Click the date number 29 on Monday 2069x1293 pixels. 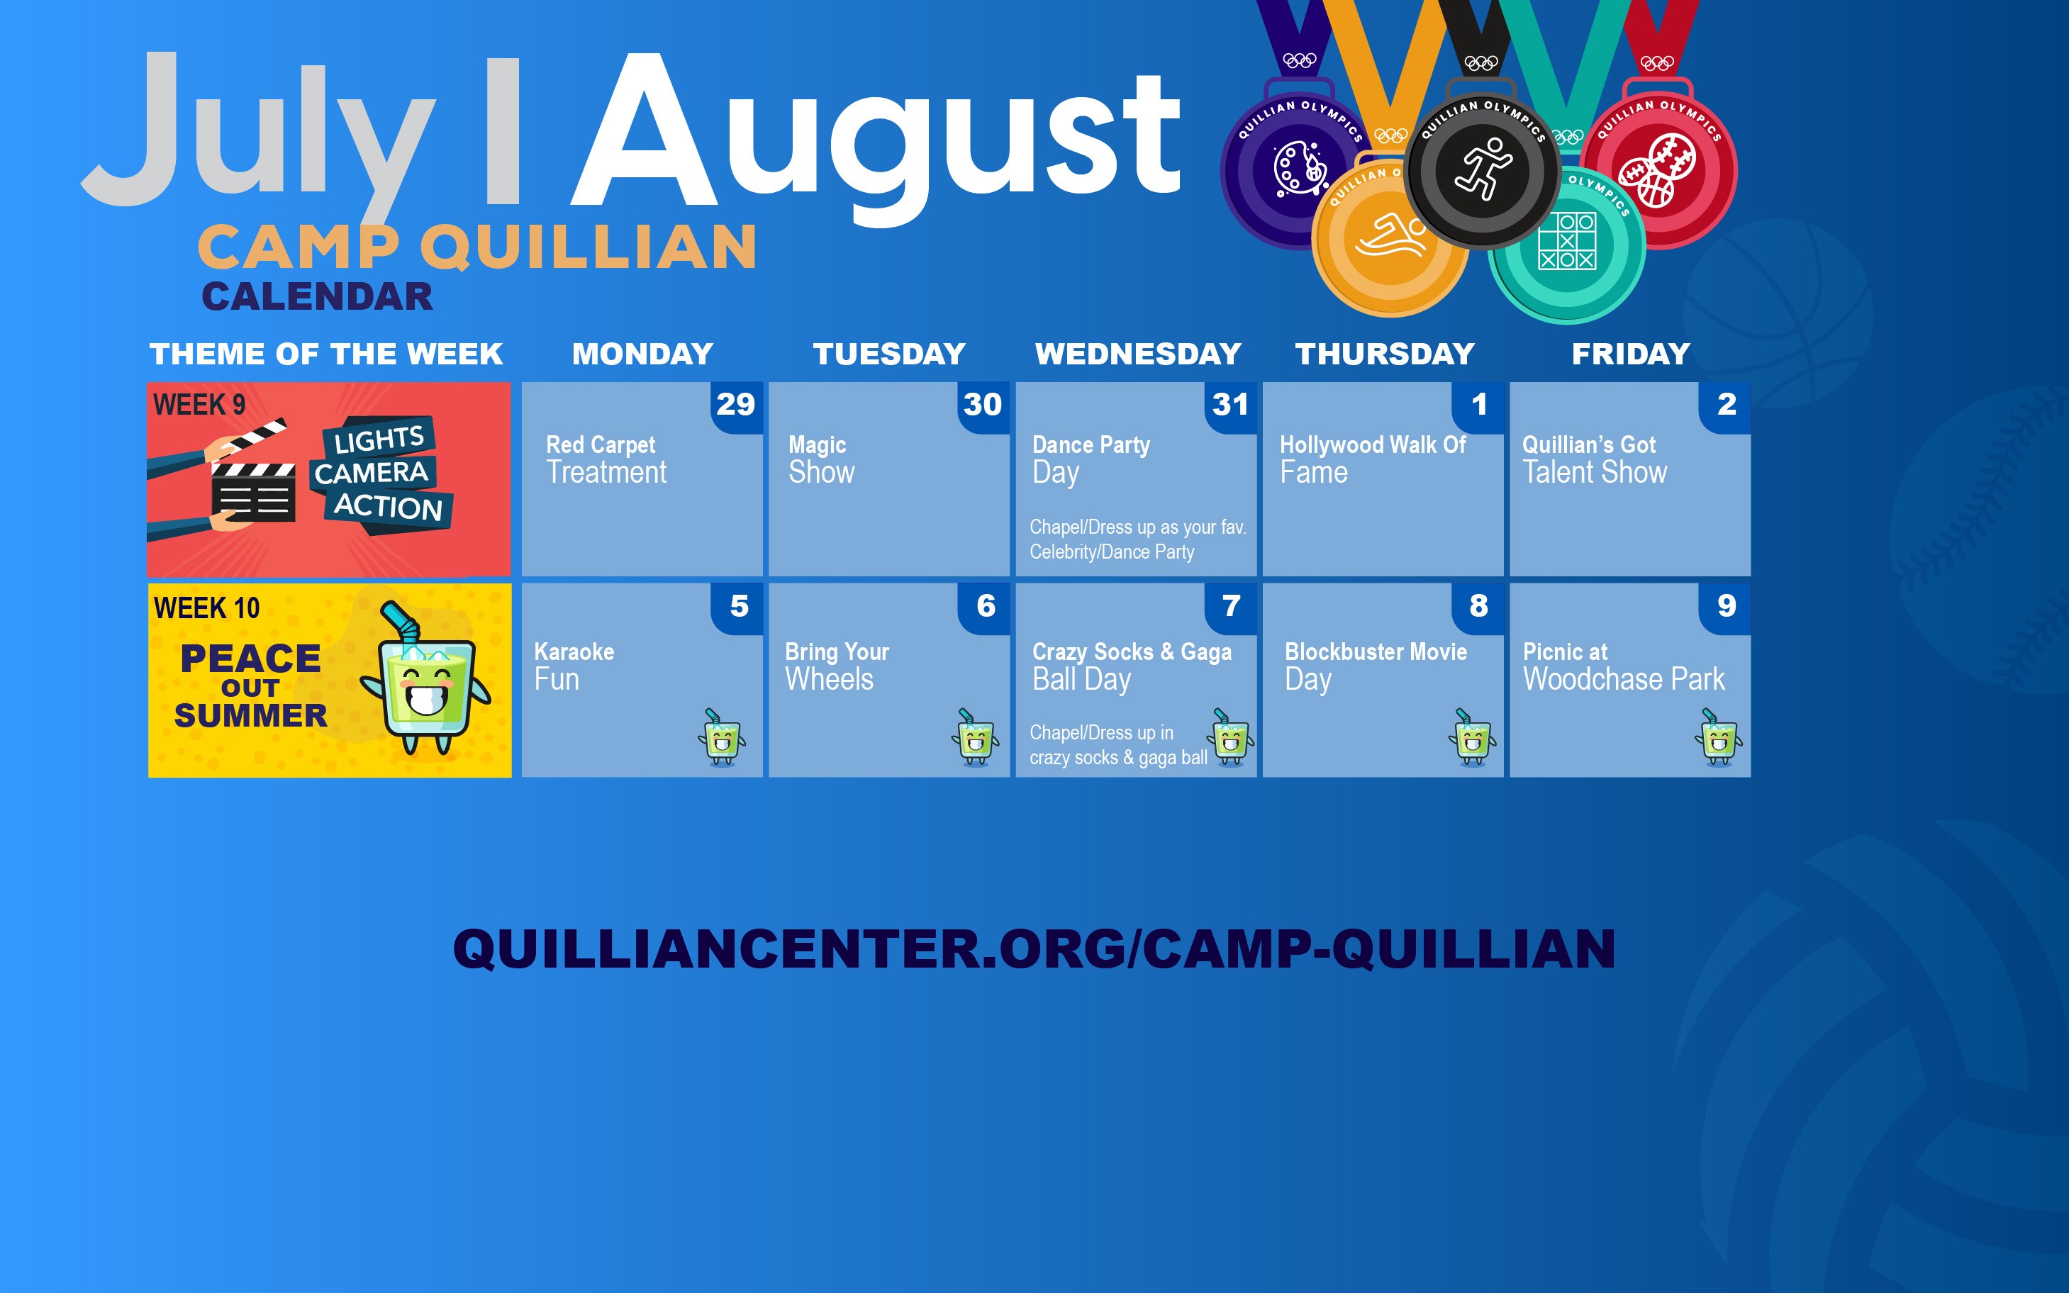coord(735,405)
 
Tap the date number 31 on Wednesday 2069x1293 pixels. coord(1230,405)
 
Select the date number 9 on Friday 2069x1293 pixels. coord(1726,606)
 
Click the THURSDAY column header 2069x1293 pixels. coord(1385,354)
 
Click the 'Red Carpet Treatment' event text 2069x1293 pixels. coord(606,459)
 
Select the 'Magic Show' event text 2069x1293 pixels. coord(821,459)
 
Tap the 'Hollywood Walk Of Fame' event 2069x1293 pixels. coord(1372,459)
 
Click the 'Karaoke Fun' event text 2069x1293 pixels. coord(574,666)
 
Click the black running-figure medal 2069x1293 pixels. coord(1482,170)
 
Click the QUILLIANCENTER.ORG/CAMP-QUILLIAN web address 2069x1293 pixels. coord(1034,949)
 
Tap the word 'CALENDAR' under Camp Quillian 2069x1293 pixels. coord(318,297)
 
